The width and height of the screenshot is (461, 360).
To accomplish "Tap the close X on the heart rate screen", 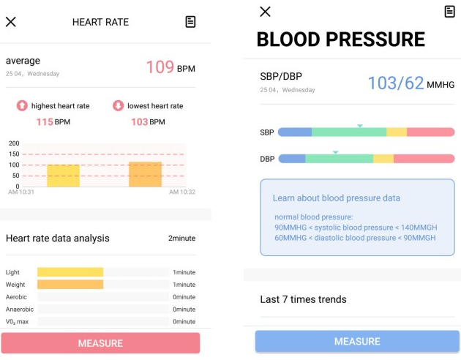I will pyautogui.click(x=11, y=22).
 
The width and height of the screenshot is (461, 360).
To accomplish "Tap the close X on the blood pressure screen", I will pyautogui.click(x=265, y=11).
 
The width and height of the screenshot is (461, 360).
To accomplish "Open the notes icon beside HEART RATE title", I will pyautogui.click(x=190, y=22).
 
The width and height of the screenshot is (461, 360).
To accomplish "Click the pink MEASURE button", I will pyautogui.click(x=100, y=343).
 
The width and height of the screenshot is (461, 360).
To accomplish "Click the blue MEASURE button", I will pyautogui.click(x=357, y=342).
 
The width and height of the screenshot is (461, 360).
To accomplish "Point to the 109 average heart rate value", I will pyautogui.click(x=160, y=67).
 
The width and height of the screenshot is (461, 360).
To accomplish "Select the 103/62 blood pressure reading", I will pyautogui.click(x=395, y=83).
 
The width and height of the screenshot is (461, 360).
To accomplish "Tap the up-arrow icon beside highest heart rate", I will pyautogui.click(x=22, y=106).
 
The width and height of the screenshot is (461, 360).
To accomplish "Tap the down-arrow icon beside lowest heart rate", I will pyautogui.click(x=118, y=106).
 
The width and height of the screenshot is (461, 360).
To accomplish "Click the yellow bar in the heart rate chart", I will pyautogui.click(x=63, y=176).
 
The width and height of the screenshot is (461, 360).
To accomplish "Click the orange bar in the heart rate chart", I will pyautogui.click(x=145, y=174).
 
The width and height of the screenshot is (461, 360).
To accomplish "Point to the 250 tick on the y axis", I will pyautogui.click(x=14, y=143).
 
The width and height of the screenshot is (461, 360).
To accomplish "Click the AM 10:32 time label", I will pyautogui.click(x=182, y=192).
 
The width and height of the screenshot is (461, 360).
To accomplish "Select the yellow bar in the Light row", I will pyautogui.click(x=70, y=272).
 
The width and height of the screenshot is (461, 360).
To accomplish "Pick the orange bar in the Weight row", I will pyautogui.click(x=70, y=285).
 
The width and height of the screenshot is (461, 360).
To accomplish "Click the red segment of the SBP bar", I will pyautogui.click(x=430, y=132).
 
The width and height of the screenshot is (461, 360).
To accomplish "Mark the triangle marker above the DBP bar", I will pyautogui.click(x=335, y=152).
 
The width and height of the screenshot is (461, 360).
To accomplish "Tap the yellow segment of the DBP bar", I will pyautogui.click(x=383, y=159).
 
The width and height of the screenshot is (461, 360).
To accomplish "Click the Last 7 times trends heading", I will pyautogui.click(x=303, y=299).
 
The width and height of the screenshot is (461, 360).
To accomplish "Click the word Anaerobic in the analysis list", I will pyautogui.click(x=20, y=310).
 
